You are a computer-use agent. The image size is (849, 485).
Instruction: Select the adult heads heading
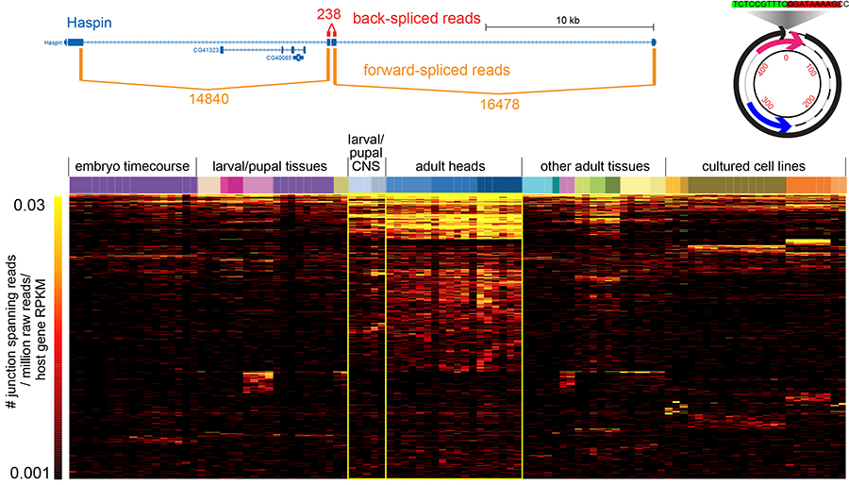point(453,166)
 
